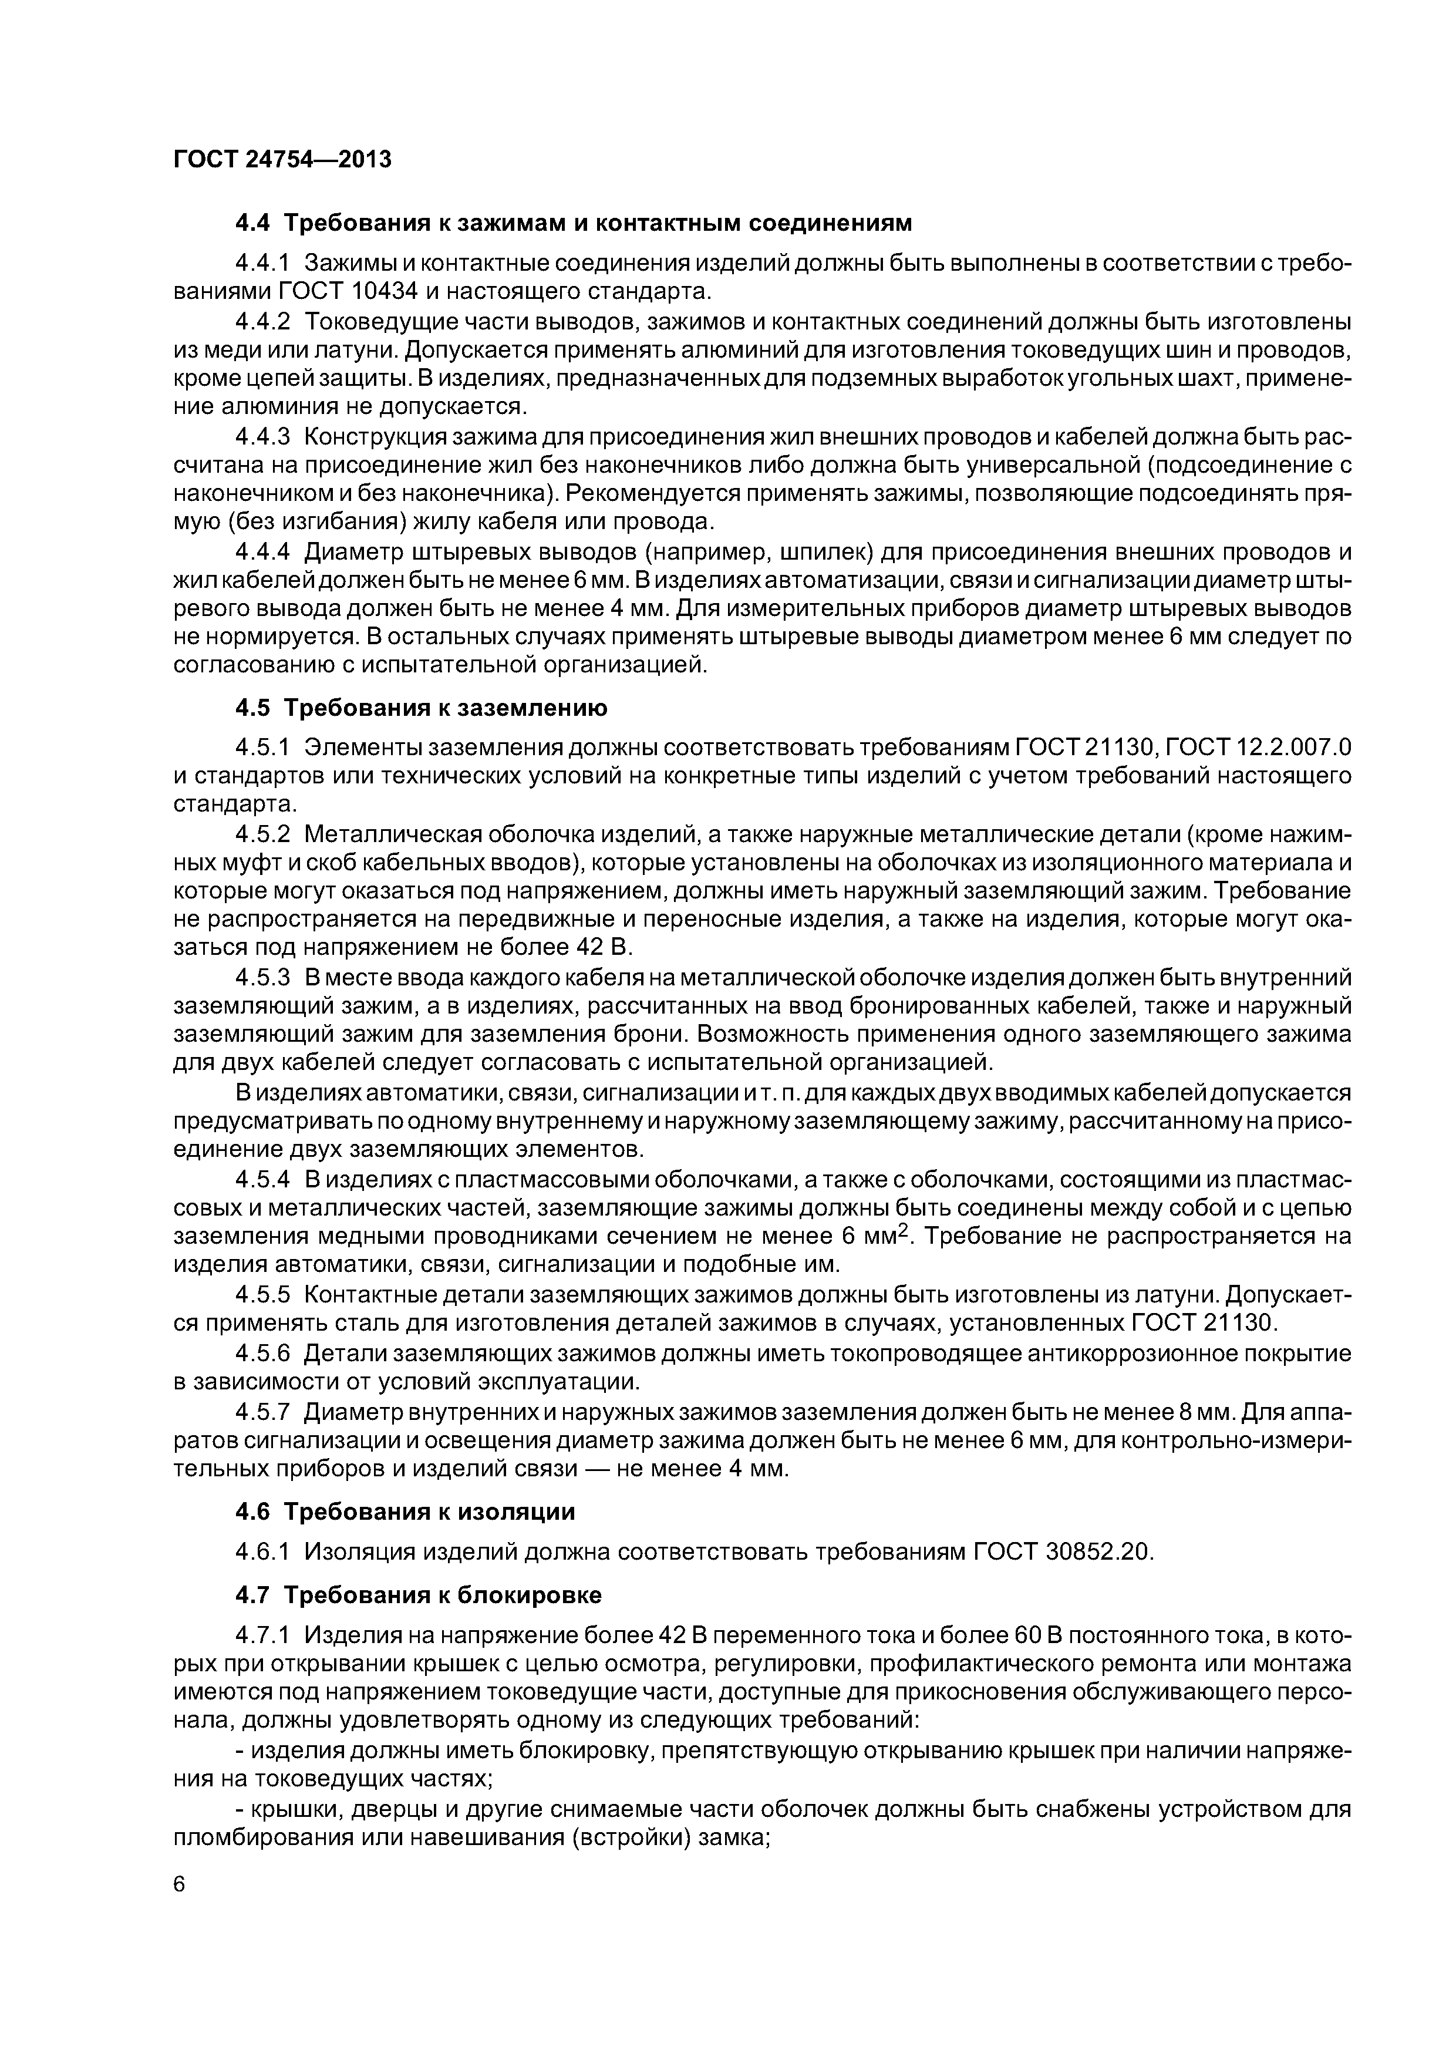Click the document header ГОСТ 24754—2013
(x=282, y=160)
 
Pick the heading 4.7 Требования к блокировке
(x=418, y=1594)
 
